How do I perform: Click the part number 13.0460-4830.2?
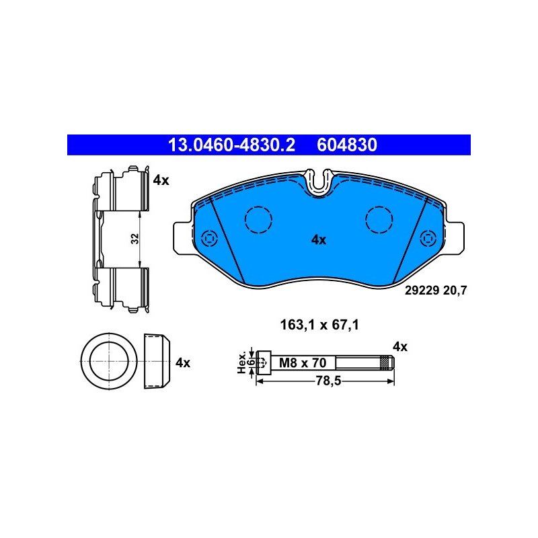tap(231, 145)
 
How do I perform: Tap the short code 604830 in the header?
tap(347, 145)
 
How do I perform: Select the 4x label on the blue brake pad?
tap(319, 240)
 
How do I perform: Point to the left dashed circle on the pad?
tap(258, 220)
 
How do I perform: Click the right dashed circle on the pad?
tap(379, 220)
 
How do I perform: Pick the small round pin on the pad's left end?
tap(209, 238)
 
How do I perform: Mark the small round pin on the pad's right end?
tap(428, 238)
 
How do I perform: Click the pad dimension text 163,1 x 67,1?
tap(319, 325)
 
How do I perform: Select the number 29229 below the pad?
tap(422, 291)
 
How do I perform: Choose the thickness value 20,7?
tap(455, 291)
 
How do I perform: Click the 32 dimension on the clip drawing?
tap(135, 239)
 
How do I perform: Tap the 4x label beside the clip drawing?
tap(161, 180)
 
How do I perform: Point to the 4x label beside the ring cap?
tap(182, 362)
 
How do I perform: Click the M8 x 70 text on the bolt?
tap(302, 362)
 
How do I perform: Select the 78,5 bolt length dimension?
tap(328, 381)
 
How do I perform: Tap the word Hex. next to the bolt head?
tap(242, 362)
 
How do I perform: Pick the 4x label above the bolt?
tap(400, 347)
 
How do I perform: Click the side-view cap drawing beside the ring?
tap(157, 360)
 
